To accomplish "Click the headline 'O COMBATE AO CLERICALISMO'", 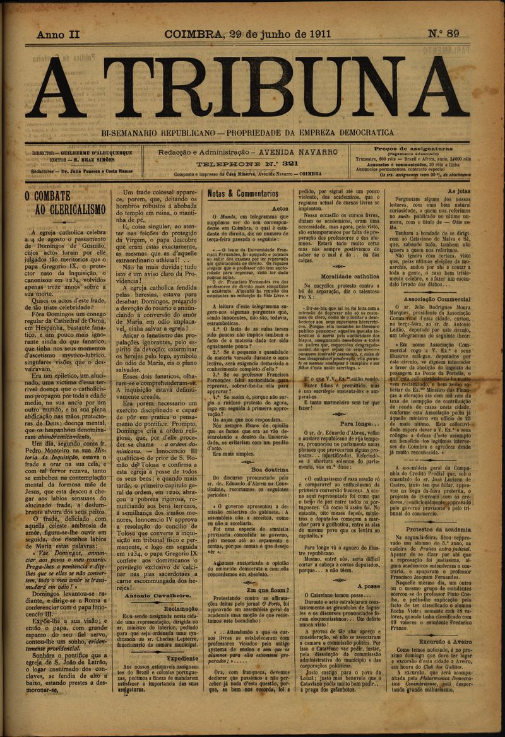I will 65,203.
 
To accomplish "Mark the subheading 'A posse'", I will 368,586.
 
